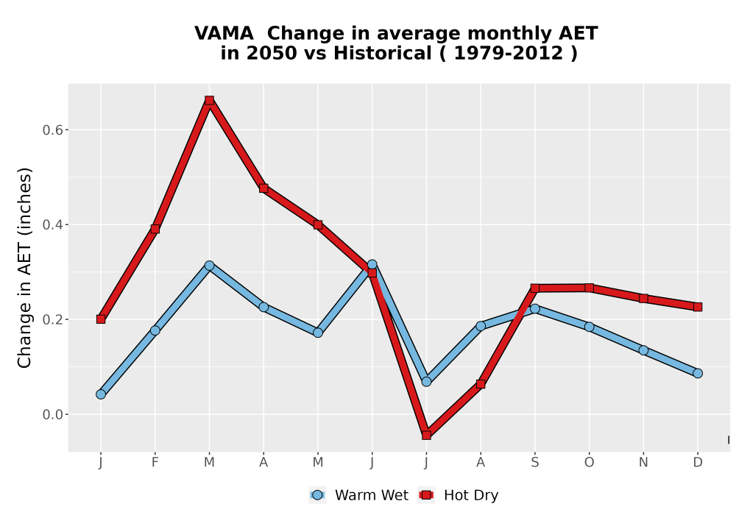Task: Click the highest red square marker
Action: point(209,100)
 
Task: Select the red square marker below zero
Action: point(426,436)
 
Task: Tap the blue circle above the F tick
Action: point(155,330)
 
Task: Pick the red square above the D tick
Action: point(698,307)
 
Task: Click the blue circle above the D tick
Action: point(698,373)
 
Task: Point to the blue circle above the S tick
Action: point(534,308)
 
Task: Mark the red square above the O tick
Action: point(589,288)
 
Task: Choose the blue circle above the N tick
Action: point(643,350)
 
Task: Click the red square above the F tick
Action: point(155,229)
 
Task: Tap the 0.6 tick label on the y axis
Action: point(52,130)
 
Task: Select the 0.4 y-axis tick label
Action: point(52,224)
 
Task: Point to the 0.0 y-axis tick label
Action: point(52,415)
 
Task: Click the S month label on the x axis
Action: point(534,463)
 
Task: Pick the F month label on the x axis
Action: point(155,463)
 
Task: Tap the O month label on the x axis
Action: point(589,463)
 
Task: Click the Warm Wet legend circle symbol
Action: point(317,495)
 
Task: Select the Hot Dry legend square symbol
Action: point(426,495)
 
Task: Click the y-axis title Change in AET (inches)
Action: point(24,267)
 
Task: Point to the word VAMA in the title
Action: point(224,33)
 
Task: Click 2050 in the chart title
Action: point(272,53)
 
